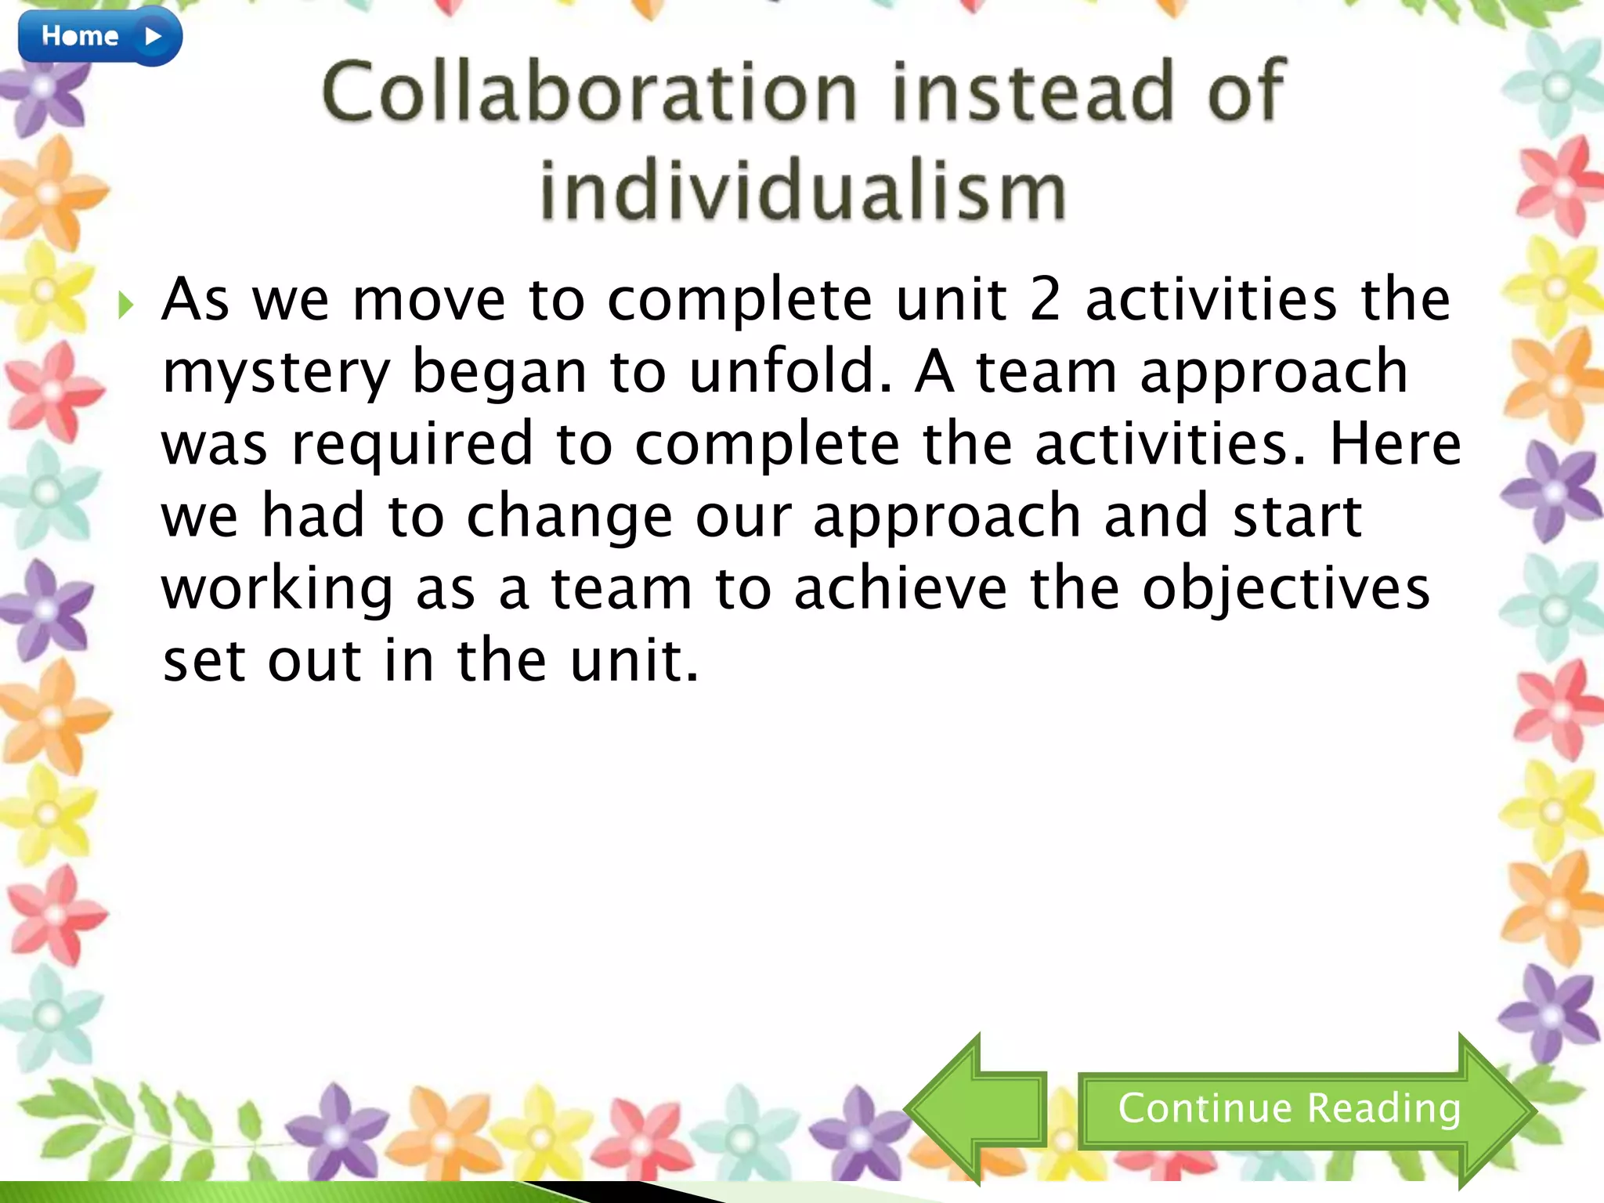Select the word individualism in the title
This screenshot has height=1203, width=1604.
point(803,190)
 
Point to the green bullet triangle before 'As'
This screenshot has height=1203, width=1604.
point(125,304)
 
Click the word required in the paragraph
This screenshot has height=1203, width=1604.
point(412,444)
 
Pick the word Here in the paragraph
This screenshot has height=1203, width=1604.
point(1395,444)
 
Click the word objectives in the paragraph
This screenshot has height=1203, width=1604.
point(1285,590)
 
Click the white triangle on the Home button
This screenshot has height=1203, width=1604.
point(154,36)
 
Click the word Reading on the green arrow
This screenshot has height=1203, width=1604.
point(1383,1108)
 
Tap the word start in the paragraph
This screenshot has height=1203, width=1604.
point(1297,517)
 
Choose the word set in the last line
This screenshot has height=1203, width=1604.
point(204,661)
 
